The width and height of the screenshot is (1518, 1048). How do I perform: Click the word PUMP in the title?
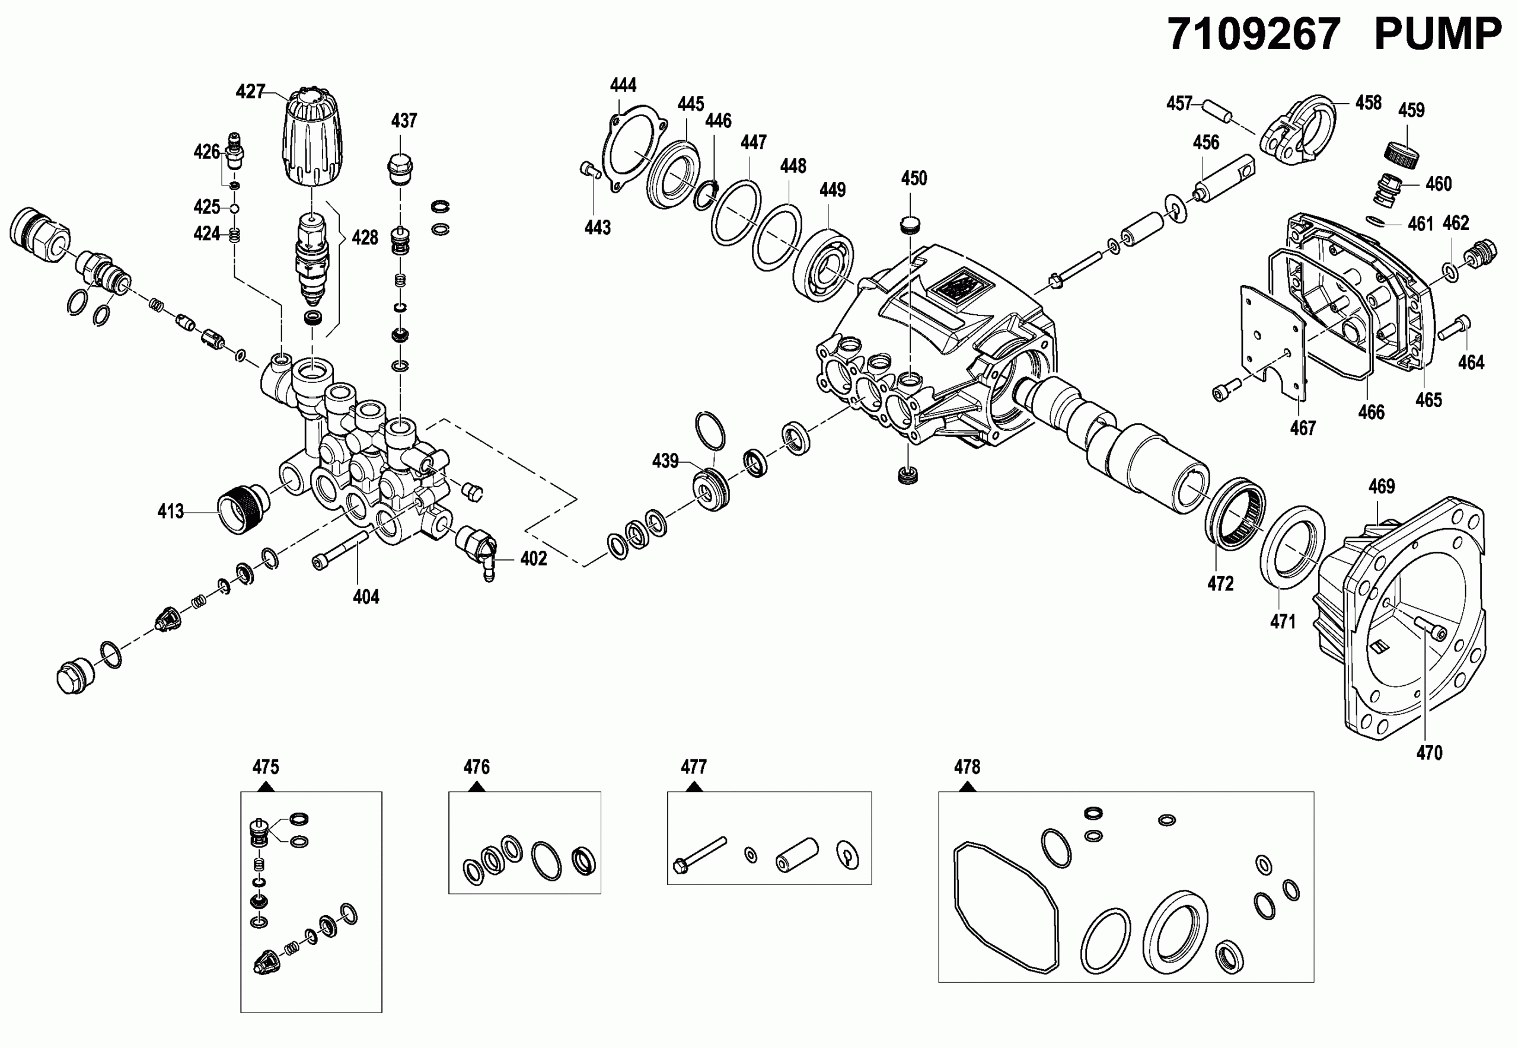point(1437,34)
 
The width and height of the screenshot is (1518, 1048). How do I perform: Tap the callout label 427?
point(250,92)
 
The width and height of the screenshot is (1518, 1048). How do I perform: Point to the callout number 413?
point(170,512)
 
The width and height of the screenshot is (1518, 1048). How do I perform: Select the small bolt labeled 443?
point(590,170)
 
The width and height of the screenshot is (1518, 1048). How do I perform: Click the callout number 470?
point(1429,753)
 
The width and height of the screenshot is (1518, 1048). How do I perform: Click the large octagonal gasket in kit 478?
point(1006,906)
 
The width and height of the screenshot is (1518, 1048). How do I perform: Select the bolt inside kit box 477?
point(700,854)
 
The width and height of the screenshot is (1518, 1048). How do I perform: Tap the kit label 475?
point(266,767)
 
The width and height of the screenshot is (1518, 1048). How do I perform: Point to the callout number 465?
point(1428,400)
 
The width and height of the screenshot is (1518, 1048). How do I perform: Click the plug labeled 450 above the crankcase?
point(910,225)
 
